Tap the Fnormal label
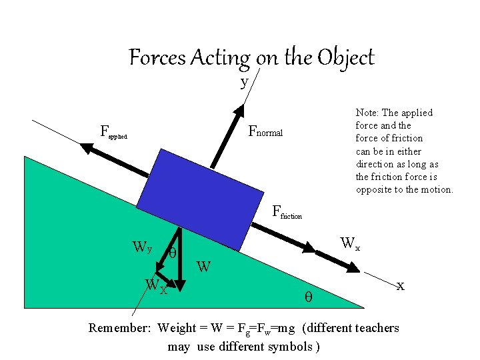(265, 132)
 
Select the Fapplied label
(113, 131)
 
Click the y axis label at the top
(245, 82)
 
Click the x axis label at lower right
(400, 286)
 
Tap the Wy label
(143, 248)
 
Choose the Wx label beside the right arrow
(350, 243)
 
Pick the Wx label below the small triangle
(156, 287)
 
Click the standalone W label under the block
(204, 268)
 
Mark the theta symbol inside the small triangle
(172, 254)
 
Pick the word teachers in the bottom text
(377, 328)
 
